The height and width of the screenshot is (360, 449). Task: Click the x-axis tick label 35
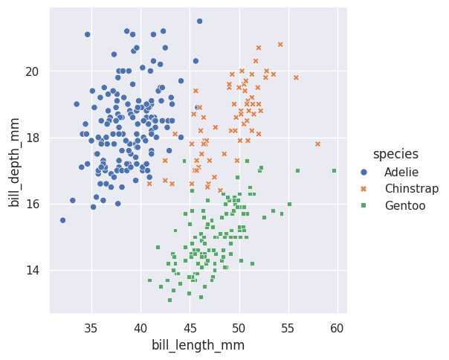tap(91, 328)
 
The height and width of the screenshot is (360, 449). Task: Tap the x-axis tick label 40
tap(140, 328)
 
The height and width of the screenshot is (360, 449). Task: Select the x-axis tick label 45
tap(190, 328)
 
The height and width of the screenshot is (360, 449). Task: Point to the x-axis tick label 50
tap(239, 328)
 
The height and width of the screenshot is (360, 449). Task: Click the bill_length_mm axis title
tap(198, 345)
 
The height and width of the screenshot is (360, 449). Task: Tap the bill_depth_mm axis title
tap(15, 161)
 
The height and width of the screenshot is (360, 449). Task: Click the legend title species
tap(395, 154)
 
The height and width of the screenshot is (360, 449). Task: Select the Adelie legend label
tap(401, 172)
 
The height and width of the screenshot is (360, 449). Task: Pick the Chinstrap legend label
tap(411, 189)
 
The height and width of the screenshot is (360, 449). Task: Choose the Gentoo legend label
tap(405, 206)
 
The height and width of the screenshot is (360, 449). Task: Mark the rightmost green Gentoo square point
tap(334, 170)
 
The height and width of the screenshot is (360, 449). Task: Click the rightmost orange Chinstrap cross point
tap(317, 144)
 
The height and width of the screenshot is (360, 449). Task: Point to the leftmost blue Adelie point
tap(62, 220)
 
